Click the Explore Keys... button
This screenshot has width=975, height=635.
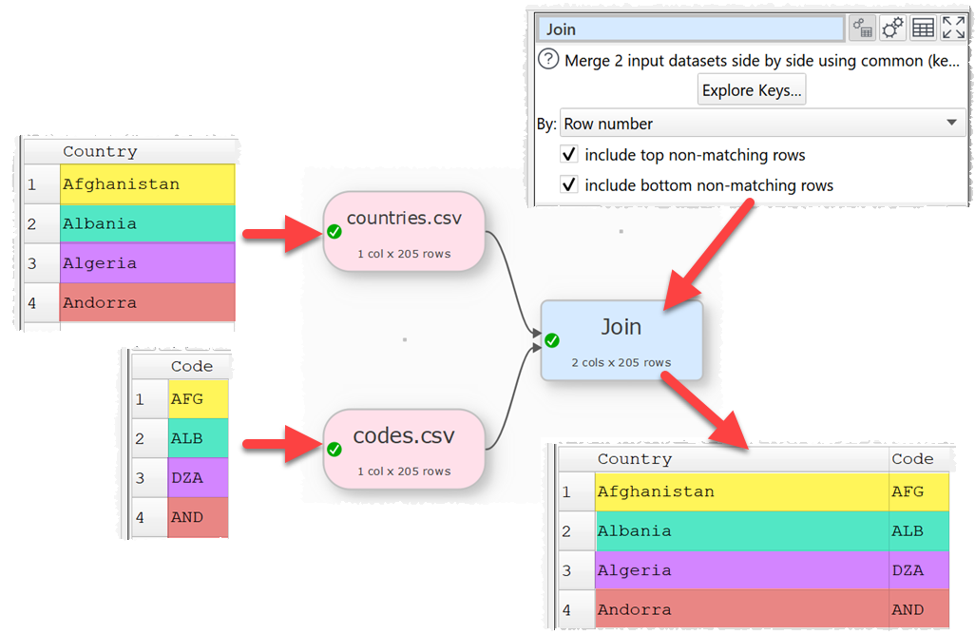pyautogui.click(x=752, y=91)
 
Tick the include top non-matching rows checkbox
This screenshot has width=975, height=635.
pyautogui.click(x=569, y=155)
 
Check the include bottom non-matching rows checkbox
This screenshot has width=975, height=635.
pyautogui.click(x=569, y=185)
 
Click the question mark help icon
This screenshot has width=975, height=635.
pyautogui.click(x=548, y=60)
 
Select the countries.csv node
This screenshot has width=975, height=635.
pyautogui.click(x=404, y=231)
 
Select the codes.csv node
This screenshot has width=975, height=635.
pyautogui.click(x=404, y=449)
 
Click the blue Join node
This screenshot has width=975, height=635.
pyautogui.click(x=621, y=340)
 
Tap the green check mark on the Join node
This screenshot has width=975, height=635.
pyautogui.click(x=552, y=340)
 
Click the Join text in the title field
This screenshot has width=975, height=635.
pyautogui.click(x=562, y=29)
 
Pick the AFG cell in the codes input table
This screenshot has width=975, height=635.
pyautogui.click(x=187, y=399)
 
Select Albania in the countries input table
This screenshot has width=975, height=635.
pyautogui.click(x=100, y=223)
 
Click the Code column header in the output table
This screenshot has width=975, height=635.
pyautogui.click(x=912, y=458)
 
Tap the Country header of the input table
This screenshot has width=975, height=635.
pyautogui.click(x=100, y=151)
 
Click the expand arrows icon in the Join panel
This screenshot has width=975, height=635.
pyautogui.click(x=953, y=29)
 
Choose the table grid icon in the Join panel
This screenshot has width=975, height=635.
pyautogui.click(x=923, y=29)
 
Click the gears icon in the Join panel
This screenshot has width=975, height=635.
pyautogui.click(x=892, y=29)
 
